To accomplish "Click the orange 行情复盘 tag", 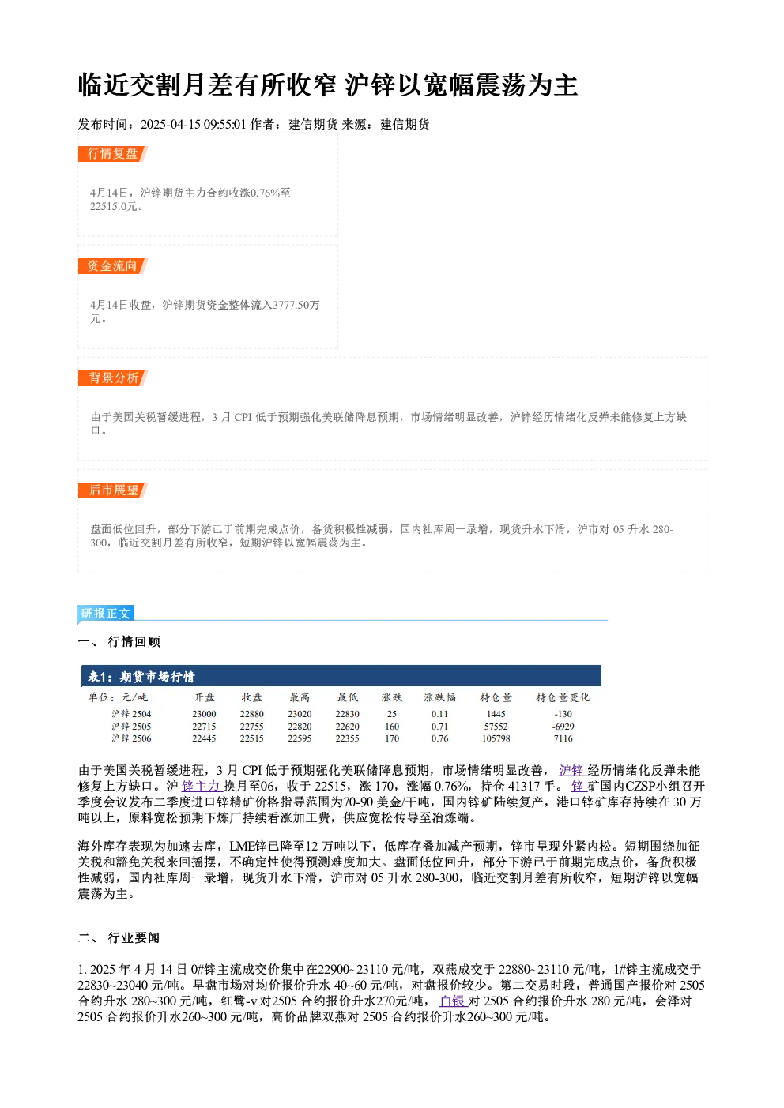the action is pos(112,154).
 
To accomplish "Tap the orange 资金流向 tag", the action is pos(112,266).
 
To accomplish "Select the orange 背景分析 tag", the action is pos(112,378).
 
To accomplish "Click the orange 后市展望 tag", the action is pos(112,490).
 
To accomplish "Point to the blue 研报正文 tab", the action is pos(106,614).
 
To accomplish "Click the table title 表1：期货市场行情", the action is pos(141,677).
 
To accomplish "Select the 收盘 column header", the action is pos(251,697).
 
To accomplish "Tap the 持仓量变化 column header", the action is pos(563,697).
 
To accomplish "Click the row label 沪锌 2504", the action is pos(131,714).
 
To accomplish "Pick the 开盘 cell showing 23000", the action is pos(204,714).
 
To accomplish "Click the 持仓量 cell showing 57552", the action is pos(496,727).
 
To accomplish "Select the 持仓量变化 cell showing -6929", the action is pos(563,727).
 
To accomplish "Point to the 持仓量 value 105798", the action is pos(496,738).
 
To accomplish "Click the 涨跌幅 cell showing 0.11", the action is pos(439,714).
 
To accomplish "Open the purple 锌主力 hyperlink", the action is pos(201,787).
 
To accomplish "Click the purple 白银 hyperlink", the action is pos(452,1001).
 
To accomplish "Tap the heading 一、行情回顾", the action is pos(119,641).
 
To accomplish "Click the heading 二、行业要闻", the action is pos(119,938).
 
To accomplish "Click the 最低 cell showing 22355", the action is pos(348,738).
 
